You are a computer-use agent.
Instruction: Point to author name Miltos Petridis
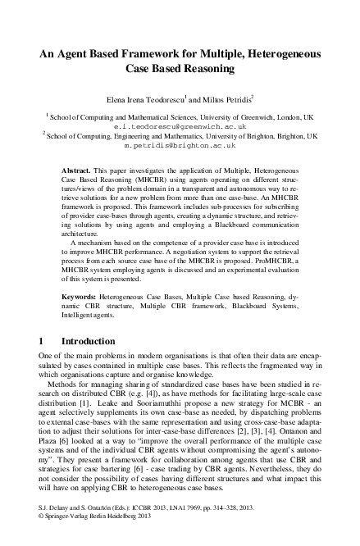(x=237, y=98)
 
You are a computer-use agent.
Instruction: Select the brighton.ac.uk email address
(x=180, y=146)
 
